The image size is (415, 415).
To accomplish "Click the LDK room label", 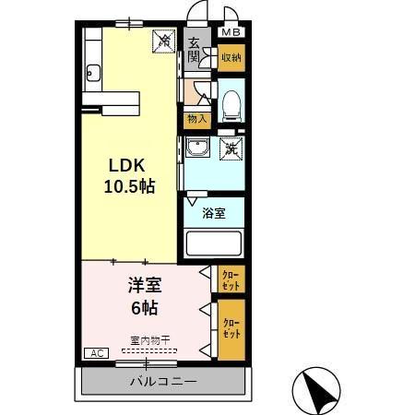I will [x=127, y=166].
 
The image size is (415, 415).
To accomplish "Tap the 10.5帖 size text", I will [x=129, y=185].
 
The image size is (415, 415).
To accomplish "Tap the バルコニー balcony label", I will [x=162, y=381].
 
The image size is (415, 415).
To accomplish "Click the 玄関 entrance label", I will [x=194, y=50].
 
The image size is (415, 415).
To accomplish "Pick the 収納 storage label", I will [x=230, y=57].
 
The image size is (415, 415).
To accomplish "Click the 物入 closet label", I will [x=196, y=119].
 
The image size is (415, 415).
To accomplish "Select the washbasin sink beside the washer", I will [x=196, y=148].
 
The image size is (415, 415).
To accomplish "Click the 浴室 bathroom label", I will [x=214, y=213].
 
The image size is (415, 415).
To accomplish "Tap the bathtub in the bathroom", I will [x=213, y=244].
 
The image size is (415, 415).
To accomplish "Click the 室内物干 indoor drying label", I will [x=148, y=339].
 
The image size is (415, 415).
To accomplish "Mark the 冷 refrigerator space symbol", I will [x=162, y=41].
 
